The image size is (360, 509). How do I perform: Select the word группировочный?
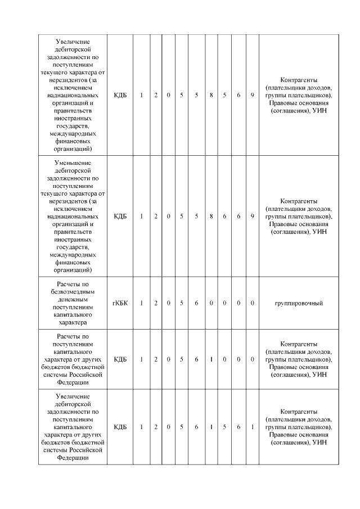click(x=298, y=304)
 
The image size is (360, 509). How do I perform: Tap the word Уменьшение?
click(x=74, y=163)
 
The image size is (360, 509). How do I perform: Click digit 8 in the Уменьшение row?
click(x=211, y=216)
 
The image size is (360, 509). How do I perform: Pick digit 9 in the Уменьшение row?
click(x=253, y=216)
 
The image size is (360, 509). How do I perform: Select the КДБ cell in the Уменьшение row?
click(x=120, y=216)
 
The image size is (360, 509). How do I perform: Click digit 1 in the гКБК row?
click(x=141, y=304)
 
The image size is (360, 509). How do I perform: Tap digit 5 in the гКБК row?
click(x=181, y=304)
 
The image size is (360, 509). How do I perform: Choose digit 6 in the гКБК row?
click(x=196, y=304)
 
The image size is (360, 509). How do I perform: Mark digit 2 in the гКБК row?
click(x=156, y=304)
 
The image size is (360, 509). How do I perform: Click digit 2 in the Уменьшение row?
click(x=156, y=216)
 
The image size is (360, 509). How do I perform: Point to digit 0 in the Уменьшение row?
click(x=169, y=216)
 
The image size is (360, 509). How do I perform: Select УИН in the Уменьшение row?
click(x=319, y=231)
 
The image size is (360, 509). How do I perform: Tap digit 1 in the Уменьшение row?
click(x=141, y=216)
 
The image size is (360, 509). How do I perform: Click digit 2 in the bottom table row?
click(x=156, y=427)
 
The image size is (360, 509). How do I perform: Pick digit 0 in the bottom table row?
click(x=169, y=427)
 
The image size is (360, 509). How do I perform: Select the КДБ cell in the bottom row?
click(x=120, y=427)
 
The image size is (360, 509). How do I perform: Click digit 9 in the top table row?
click(x=253, y=95)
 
